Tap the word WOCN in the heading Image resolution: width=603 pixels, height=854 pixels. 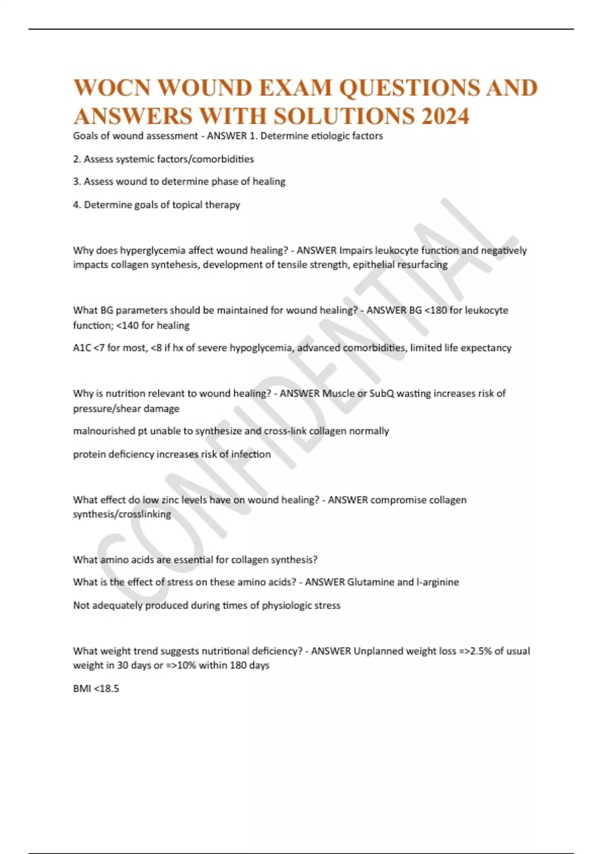(x=112, y=88)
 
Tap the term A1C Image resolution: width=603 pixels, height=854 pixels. (x=82, y=348)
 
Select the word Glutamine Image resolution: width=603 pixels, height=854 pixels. (x=370, y=582)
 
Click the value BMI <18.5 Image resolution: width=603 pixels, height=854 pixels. (x=96, y=689)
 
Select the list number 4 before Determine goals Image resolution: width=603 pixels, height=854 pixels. (x=76, y=205)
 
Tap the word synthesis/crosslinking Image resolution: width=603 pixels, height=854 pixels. (x=122, y=514)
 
